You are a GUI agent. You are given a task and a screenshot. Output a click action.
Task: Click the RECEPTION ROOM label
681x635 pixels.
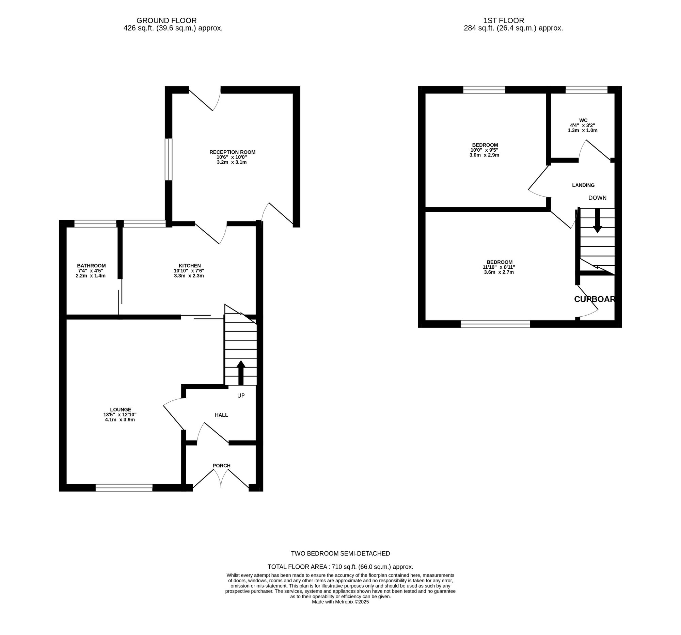232,152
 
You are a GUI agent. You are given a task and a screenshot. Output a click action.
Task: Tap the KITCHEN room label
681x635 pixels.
189,266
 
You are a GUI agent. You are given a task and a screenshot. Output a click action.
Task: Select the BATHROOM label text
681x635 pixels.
91,266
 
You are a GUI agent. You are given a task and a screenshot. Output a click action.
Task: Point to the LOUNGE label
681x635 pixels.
121,410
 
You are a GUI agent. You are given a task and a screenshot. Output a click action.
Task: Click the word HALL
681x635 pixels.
221,415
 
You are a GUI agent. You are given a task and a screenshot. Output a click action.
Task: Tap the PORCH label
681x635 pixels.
221,466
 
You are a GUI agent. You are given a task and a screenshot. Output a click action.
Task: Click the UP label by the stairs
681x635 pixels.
241,396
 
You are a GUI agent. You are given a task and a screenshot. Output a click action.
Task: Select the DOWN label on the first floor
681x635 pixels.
598,198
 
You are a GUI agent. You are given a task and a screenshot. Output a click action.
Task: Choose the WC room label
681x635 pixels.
583,120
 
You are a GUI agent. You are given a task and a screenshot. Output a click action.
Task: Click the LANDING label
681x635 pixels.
583,185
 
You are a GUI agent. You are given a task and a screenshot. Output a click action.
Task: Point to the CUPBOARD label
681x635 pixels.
595,299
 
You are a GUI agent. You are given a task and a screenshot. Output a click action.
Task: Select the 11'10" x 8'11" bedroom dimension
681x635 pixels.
499,267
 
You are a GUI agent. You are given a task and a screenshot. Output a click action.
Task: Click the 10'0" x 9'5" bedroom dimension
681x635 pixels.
485,150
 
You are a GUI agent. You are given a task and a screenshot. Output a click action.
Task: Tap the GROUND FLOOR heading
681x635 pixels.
167,20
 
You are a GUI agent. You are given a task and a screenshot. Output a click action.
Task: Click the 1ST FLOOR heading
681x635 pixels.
504,20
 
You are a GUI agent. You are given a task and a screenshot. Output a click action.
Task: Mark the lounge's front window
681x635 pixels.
124,488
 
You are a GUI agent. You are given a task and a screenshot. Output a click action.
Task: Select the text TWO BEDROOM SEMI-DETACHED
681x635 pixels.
340,554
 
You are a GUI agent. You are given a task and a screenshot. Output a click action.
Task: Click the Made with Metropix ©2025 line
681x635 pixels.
340,612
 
